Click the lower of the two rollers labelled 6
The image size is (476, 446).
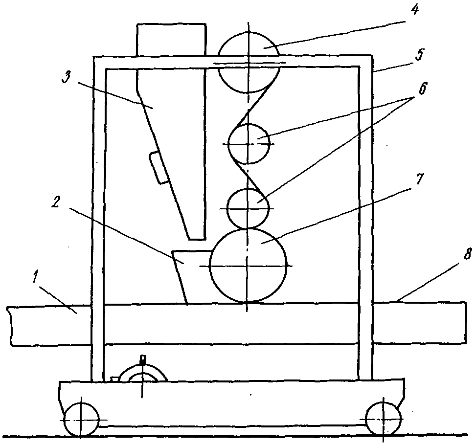coord(249,208)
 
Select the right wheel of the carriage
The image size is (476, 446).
coord(384,419)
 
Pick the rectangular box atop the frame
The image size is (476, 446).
coord(170,39)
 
